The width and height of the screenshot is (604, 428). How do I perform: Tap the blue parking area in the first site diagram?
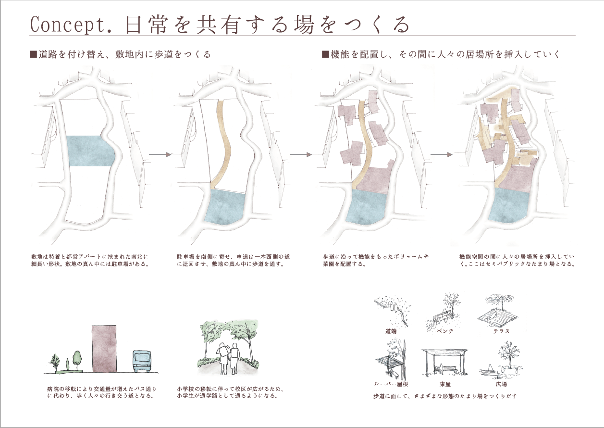pos(90,151)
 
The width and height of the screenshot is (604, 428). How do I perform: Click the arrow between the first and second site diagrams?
pos(160,155)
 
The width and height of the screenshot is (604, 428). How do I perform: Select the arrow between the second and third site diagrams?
pos(301,155)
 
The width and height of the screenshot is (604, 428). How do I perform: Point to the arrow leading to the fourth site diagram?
pos(442,155)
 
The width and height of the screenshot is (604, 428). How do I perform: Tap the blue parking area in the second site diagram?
pos(225,207)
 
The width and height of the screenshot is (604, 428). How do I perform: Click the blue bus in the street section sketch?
pos(142,361)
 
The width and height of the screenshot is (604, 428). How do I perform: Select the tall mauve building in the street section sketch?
pos(104,349)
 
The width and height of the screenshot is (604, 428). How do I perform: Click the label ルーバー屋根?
pos(391,384)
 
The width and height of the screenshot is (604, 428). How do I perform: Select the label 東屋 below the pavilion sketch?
pos(445,384)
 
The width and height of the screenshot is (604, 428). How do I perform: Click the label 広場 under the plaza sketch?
pos(501,384)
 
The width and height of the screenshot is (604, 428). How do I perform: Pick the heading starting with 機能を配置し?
pos(440,55)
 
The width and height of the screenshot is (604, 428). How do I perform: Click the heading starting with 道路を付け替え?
pos(120,55)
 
